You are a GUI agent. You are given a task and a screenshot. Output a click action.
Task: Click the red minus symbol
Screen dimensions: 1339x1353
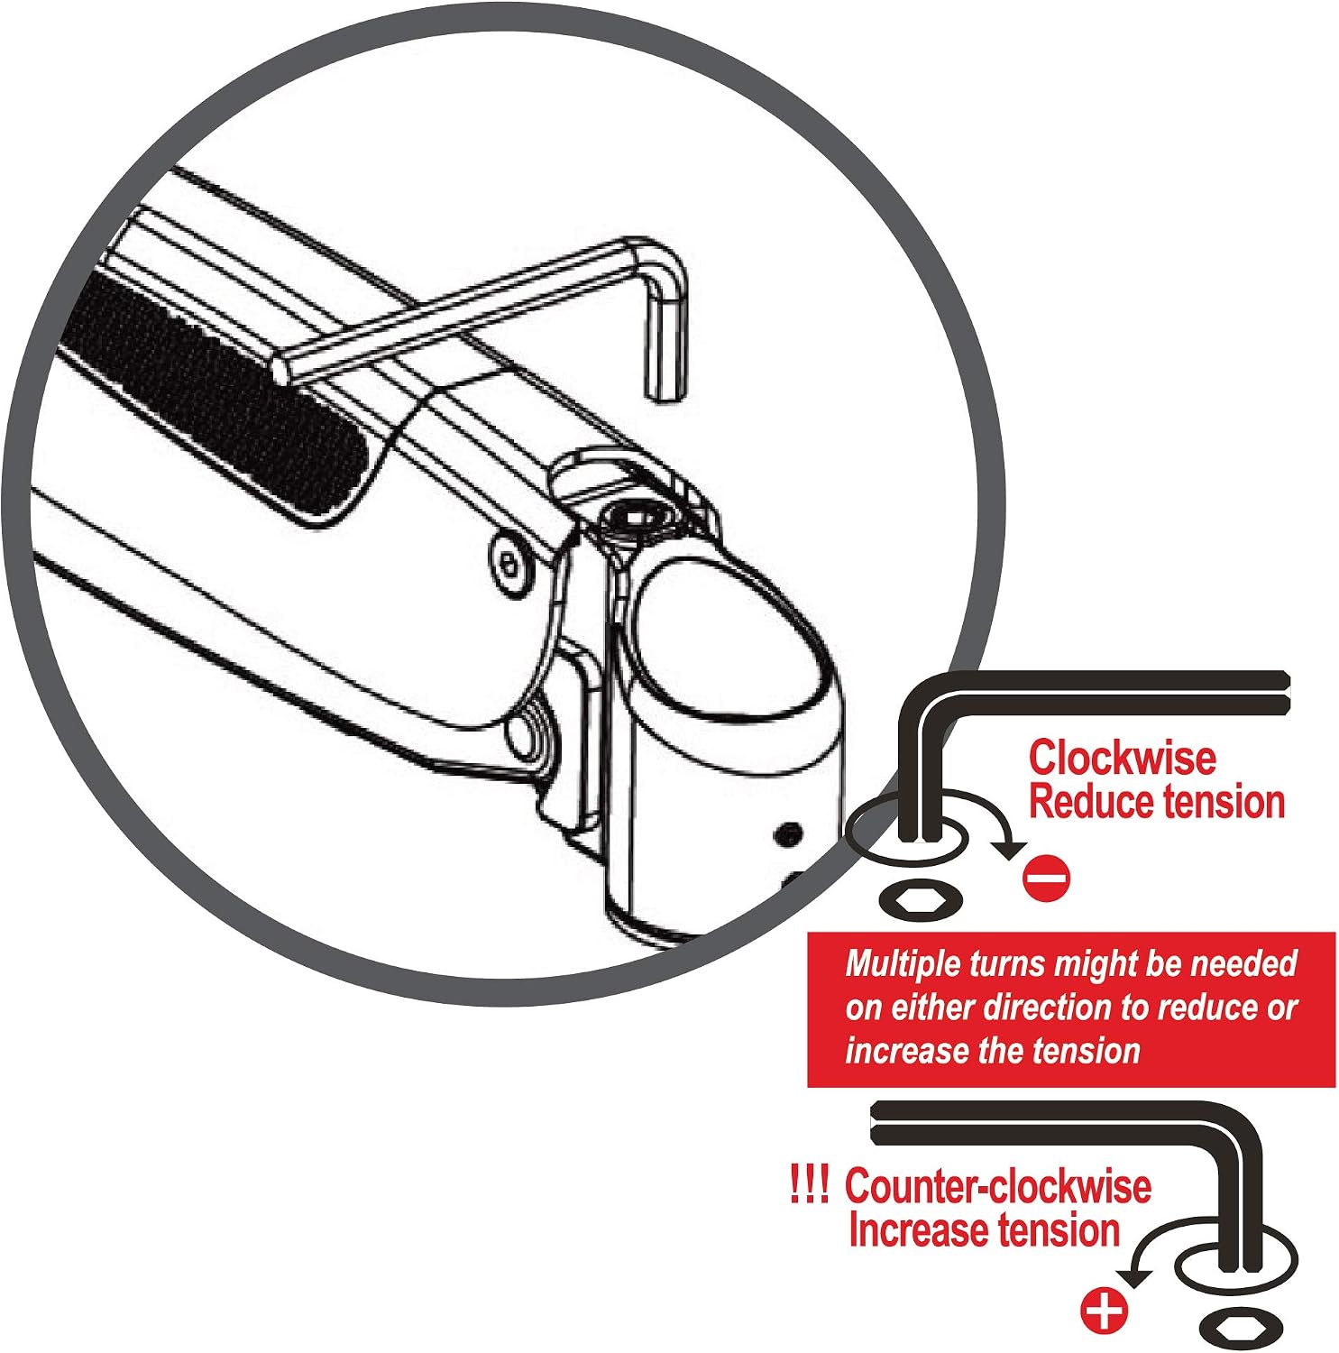[1048, 877]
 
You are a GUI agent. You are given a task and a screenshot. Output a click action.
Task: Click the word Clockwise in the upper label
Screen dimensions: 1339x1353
[1122, 758]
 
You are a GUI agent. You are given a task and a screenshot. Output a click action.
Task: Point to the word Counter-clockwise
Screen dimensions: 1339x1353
[998, 1186]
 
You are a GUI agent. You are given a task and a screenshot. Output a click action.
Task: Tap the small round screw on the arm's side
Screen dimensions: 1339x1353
[509, 570]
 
